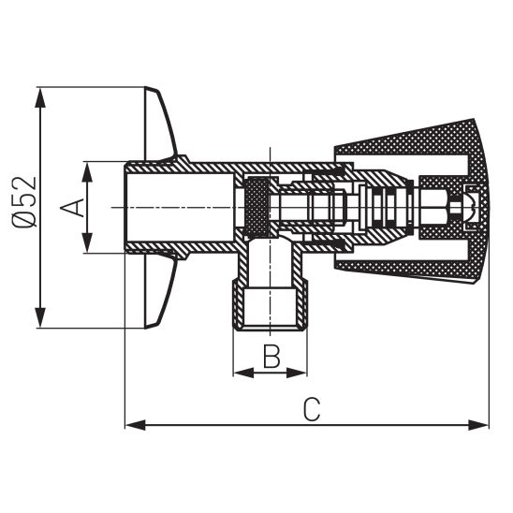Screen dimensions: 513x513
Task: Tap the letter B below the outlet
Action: point(270,356)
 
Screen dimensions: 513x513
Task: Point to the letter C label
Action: point(313,409)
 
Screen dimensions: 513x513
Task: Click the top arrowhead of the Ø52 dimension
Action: point(40,96)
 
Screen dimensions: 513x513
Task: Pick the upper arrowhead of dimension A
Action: point(88,169)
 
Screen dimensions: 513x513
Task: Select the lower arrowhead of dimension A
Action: point(88,245)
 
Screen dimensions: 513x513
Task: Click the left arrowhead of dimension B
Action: point(240,373)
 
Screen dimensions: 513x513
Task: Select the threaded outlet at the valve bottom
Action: point(270,309)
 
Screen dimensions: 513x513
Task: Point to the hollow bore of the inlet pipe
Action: point(178,207)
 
